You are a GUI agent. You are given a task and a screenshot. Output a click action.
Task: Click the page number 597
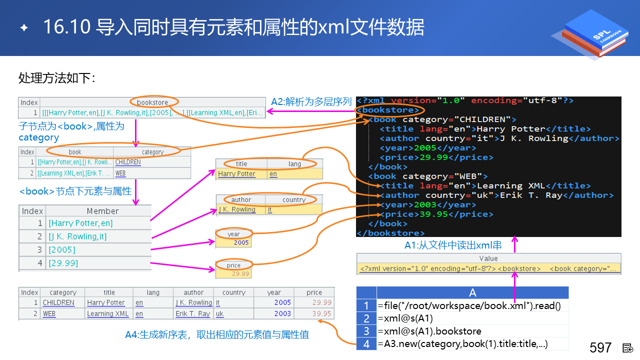tap(600, 347)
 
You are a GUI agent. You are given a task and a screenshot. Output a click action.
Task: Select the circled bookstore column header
tap(152, 102)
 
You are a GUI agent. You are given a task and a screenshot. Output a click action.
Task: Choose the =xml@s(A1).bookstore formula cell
tap(429, 331)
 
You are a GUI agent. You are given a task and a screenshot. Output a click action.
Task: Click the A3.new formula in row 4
tap(462, 343)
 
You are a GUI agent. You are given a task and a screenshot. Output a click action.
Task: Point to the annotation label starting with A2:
tap(311, 101)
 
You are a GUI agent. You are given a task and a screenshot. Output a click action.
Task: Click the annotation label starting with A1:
tap(452, 245)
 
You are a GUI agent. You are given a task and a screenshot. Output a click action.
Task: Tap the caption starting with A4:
tap(216, 334)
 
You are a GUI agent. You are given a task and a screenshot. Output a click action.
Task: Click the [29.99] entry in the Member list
tap(63, 263)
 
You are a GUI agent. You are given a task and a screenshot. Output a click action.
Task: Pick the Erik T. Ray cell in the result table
tap(192, 314)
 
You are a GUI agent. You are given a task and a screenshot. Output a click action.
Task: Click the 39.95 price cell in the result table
tap(321, 314)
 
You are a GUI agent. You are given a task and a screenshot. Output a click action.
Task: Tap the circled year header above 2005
tap(233, 234)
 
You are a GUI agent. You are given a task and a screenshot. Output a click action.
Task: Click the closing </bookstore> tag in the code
tap(390, 233)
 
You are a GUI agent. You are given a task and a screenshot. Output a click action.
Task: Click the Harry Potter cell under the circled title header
tap(236, 174)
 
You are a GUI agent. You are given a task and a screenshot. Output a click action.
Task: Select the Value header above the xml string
tap(488, 258)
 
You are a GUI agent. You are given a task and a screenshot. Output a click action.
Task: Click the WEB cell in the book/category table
tap(120, 173)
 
